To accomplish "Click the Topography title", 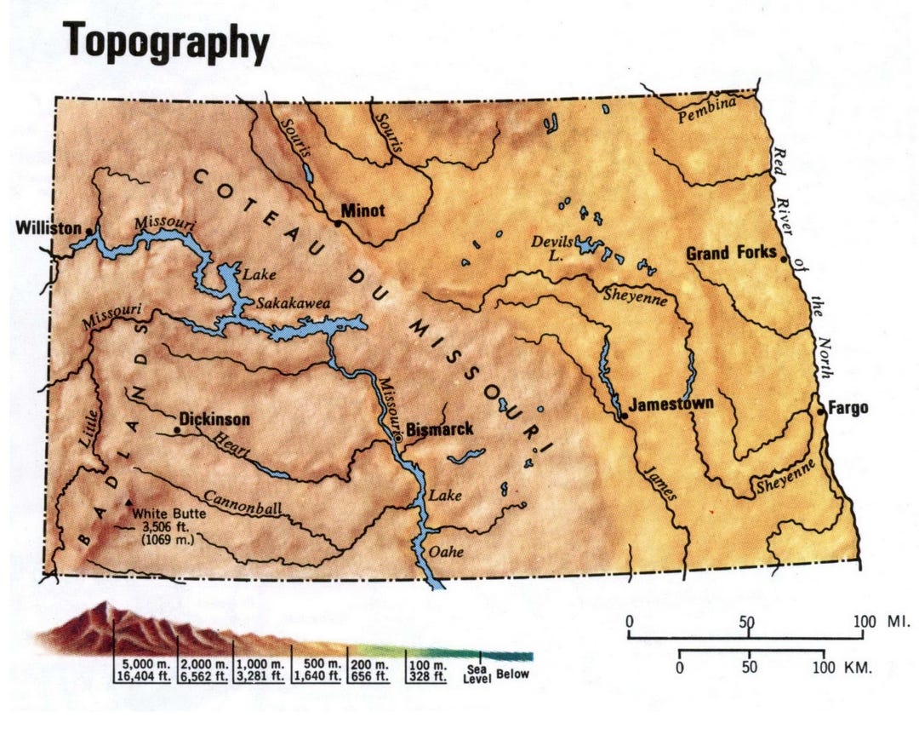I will point(168,39).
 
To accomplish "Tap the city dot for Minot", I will point(338,223).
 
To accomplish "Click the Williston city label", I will point(47,229).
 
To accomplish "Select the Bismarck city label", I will point(439,429).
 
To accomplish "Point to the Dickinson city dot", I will point(176,430).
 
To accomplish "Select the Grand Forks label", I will point(731,253).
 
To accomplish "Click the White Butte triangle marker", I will point(129,503).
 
